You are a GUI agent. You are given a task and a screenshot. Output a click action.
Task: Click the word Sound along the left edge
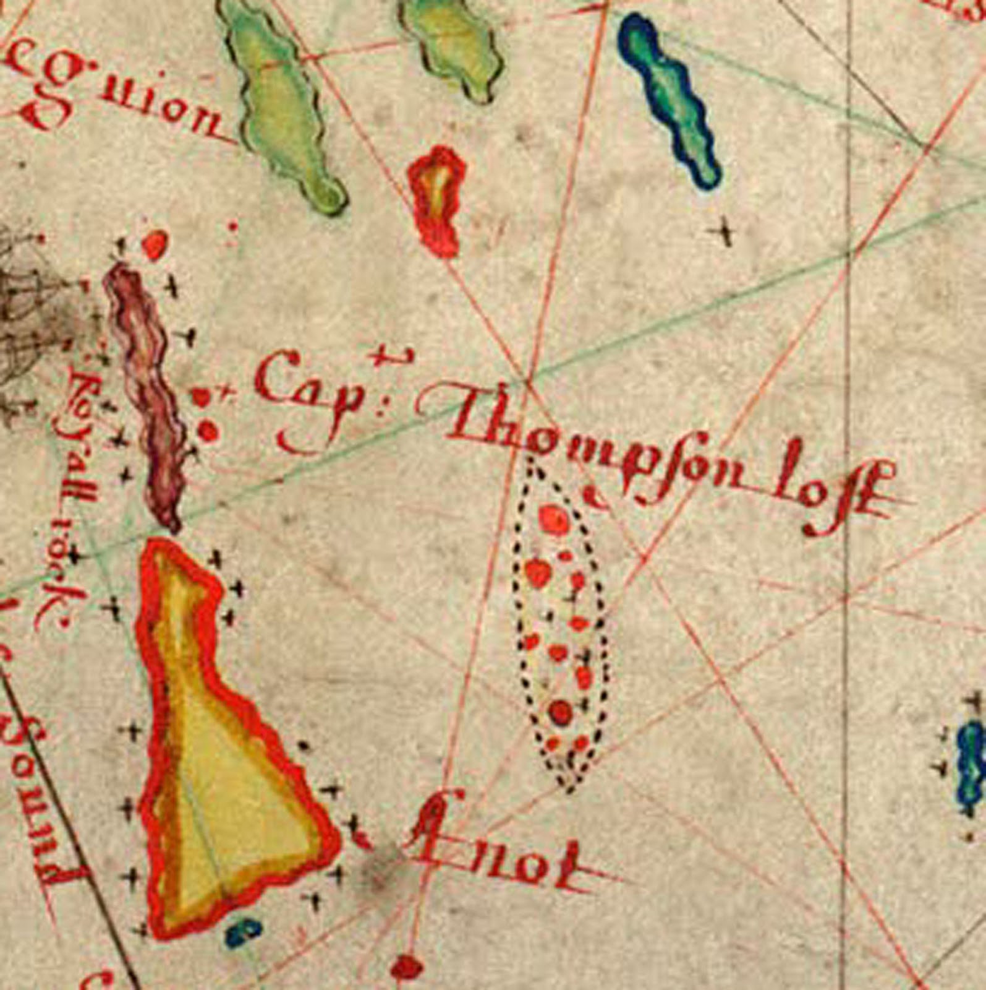(37, 786)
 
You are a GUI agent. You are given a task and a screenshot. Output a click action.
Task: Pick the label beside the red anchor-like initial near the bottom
(501, 857)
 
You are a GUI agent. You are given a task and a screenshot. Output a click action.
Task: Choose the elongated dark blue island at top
(671, 99)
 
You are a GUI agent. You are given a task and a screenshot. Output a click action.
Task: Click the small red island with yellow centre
(437, 198)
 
